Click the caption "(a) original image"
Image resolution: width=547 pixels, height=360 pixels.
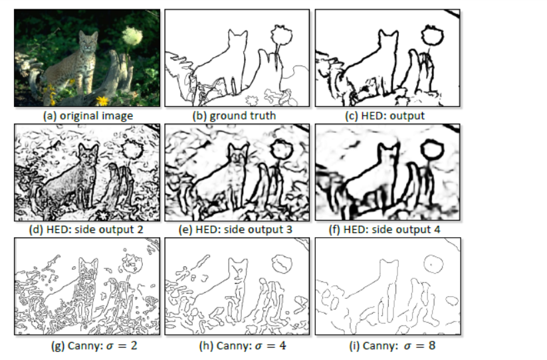(x=88, y=116)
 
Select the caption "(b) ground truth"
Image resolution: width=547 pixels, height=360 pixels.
(x=234, y=116)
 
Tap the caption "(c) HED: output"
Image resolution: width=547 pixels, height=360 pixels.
(x=385, y=116)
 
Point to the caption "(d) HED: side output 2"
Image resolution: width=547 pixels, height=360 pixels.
(x=86, y=230)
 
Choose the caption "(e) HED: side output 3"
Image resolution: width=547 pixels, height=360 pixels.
(x=235, y=230)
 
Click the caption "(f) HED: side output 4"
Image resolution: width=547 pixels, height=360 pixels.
(x=384, y=230)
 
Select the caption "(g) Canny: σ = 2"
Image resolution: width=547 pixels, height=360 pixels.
(x=94, y=345)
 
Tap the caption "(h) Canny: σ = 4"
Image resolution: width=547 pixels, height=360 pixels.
(x=243, y=345)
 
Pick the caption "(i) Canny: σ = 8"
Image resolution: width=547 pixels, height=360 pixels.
(x=392, y=345)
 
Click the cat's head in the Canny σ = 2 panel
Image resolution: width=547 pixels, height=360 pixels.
(x=88, y=269)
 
